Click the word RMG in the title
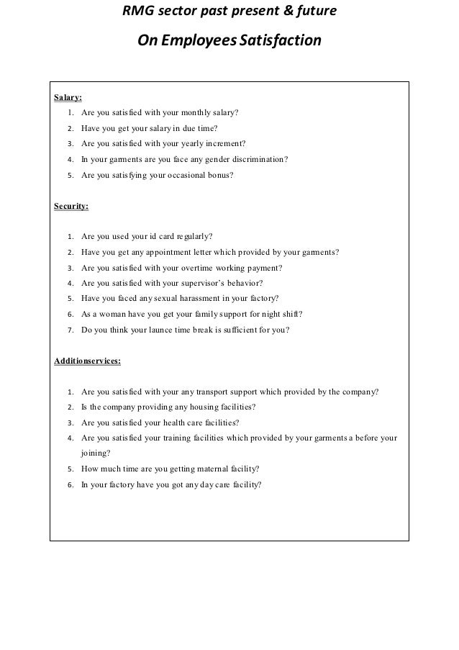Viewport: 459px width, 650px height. pyautogui.click(x=136, y=12)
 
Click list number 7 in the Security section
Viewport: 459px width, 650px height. pyautogui.click(x=69, y=330)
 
